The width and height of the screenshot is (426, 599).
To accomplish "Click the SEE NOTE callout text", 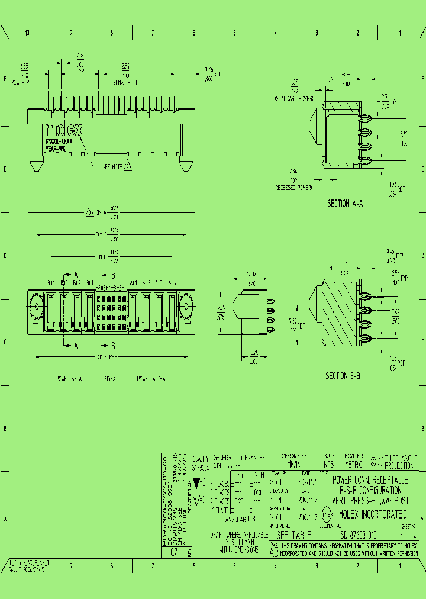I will point(112,167).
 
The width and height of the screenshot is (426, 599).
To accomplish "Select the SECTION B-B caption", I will point(343,376).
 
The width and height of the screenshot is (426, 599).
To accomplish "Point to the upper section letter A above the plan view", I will point(76,275).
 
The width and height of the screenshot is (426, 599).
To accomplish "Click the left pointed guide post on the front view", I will point(35,163).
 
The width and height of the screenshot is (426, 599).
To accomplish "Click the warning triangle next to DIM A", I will point(89,211).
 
